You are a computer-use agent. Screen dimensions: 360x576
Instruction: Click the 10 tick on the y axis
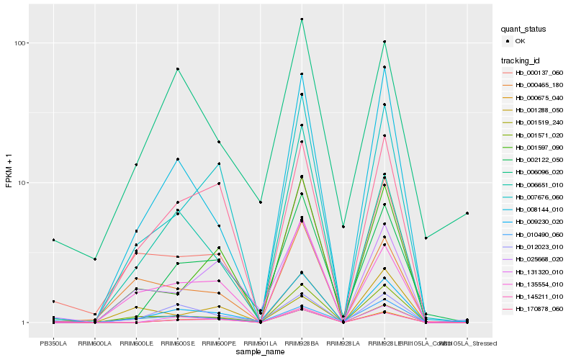click(22, 182)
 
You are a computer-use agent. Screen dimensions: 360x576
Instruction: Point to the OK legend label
click(521, 41)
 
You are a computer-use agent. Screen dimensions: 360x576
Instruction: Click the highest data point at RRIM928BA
click(302, 19)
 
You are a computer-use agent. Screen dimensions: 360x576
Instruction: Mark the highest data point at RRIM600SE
click(177, 69)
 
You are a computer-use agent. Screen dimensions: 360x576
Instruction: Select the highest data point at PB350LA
click(53, 240)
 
